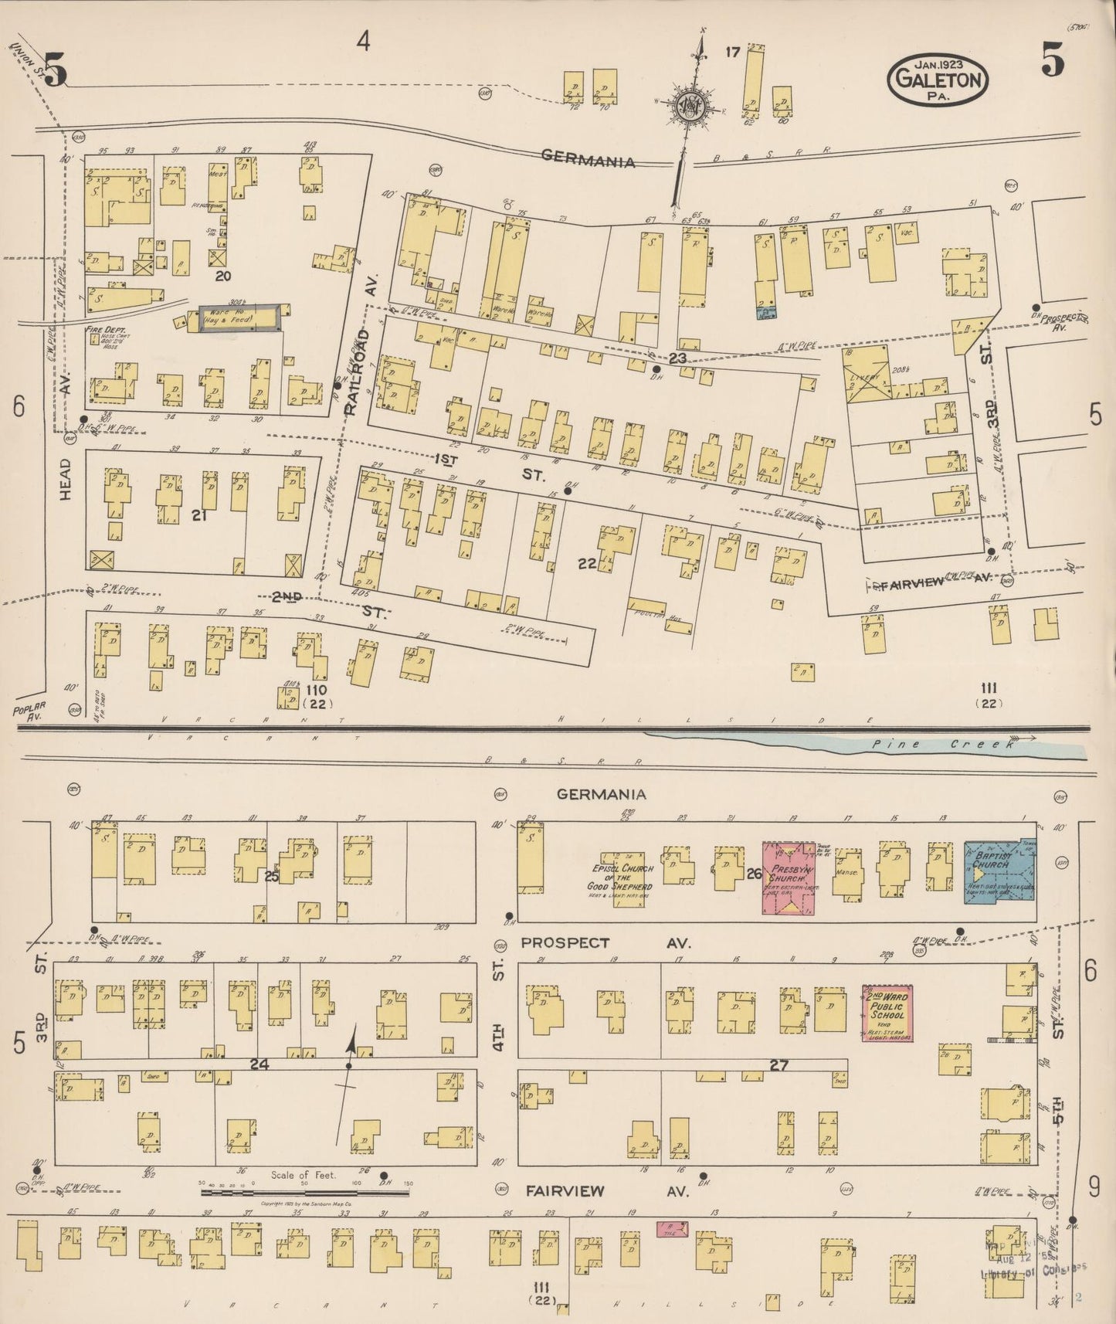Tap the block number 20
click(x=223, y=276)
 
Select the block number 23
click(x=677, y=358)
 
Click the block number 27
click(x=778, y=1064)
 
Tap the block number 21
click(x=199, y=514)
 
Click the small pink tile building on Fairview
click(x=673, y=1228)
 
